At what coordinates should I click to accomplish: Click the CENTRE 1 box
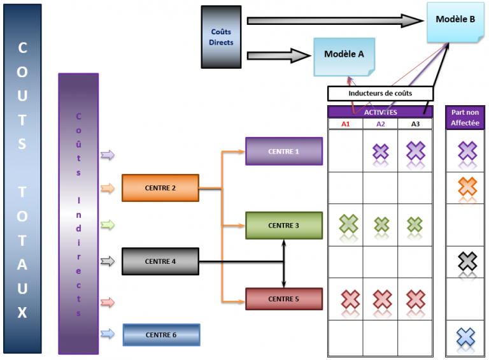tap(284, 152)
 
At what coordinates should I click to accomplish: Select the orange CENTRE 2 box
tap(160, 188)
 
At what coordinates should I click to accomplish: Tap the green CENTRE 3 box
tap(284, 226)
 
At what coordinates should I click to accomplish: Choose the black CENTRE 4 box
tap(160, 261)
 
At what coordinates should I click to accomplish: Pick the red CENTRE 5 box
tap(284, 299)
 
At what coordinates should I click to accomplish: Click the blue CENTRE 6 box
tap(161, 335)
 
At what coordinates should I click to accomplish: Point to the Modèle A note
tap(344, 55)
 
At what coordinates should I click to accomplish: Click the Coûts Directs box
tap(222, 37)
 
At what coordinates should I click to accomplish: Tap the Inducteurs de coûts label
tap(380, 94)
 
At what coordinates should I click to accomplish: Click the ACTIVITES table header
tap(380, 112)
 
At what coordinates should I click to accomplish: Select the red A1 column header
tap(346, 124)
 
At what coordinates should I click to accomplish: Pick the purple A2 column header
tap(380, 124)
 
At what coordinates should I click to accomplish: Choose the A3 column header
tap(415, 124)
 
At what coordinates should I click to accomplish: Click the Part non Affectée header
tap(465, 117)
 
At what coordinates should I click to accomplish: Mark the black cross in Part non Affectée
tap(467, 261)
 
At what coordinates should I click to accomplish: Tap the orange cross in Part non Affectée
tap(467, 186)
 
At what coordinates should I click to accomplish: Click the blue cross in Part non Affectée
tap(467, 336)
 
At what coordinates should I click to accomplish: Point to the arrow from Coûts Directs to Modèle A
tap(278, 55)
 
